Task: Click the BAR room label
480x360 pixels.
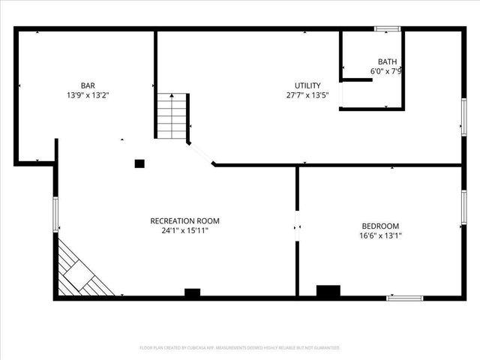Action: (88, 85)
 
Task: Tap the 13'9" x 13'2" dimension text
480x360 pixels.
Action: (88, 95)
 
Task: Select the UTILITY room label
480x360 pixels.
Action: (307, 85)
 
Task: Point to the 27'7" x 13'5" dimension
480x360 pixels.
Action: (307, 95)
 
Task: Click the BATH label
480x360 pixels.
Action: (387, 62)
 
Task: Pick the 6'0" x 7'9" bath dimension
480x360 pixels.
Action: (387, 72)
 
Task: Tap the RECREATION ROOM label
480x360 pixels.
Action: (184, 220)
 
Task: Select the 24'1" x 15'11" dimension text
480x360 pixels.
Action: (184, 231)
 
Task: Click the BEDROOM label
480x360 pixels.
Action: (381, 226)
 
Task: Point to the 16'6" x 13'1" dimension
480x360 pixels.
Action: (381, 235)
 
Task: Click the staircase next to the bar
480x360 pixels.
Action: (172, 116)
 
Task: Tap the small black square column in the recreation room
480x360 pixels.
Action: (139, 163)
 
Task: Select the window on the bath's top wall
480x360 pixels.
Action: (387, 29)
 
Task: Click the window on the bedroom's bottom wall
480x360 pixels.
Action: (404, 298)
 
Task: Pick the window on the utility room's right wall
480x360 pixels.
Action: (463, 117)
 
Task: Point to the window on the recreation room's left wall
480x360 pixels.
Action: (55, 214)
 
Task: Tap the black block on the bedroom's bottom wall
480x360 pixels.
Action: (328, 292)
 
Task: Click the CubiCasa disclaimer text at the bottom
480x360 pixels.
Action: (240, 348)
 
